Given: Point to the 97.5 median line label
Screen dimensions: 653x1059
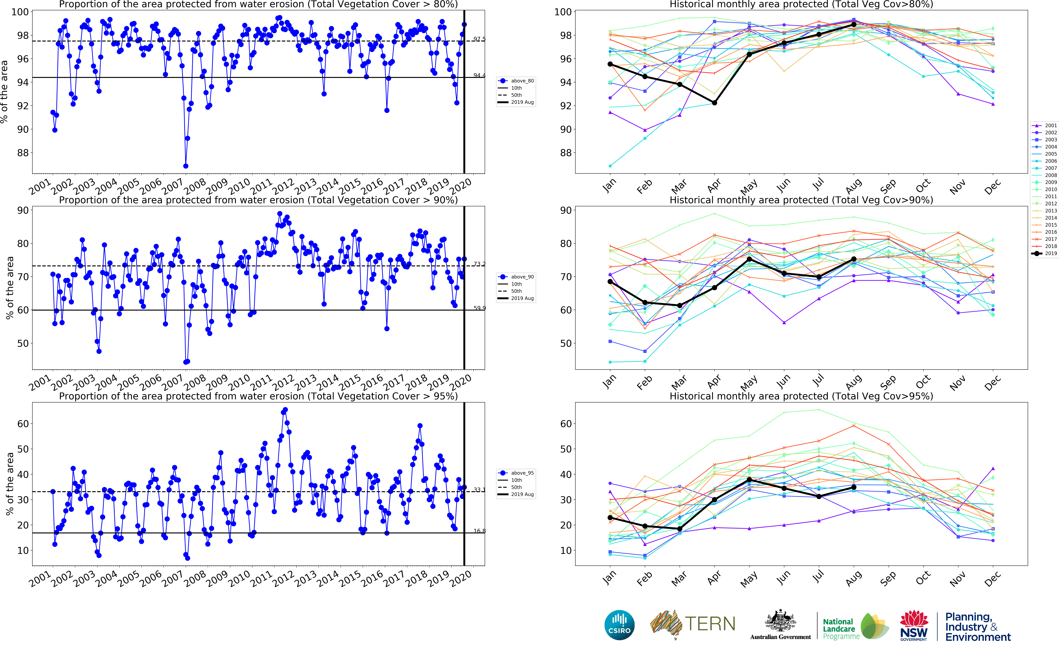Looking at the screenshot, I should point(479,39).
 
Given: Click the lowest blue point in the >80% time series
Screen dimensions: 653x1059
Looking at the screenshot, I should point(186,166).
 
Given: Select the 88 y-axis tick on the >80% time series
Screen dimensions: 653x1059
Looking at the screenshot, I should point(22,153).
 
